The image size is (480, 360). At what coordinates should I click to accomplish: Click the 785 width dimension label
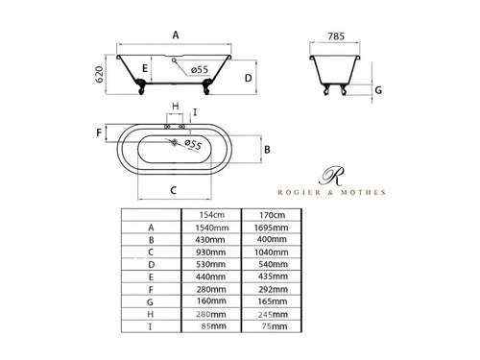pyautogui.click(x=336, y=36)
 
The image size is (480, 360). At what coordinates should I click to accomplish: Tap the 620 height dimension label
pyautogui.click(x=100, y=75)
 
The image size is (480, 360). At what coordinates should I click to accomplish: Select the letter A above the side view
pyautogui.click(x=176, y=35)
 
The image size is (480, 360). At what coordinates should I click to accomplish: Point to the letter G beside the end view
pyautogui.click(x=378, y=90)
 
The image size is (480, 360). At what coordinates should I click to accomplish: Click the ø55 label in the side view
pyautogui.click(x=200, y=69)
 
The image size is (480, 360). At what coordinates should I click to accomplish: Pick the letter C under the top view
pyautogui.click(x=174, y=190)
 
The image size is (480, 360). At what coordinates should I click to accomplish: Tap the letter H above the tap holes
pyautogui.click(x=176, y=106)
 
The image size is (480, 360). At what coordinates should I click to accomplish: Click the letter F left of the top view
pyautogui.click(x=99, y=132)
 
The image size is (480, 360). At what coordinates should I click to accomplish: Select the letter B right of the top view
pyautogui.click(x=267, y=150)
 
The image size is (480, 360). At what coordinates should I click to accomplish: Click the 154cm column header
pyautogui.click(x=212, y=215)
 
